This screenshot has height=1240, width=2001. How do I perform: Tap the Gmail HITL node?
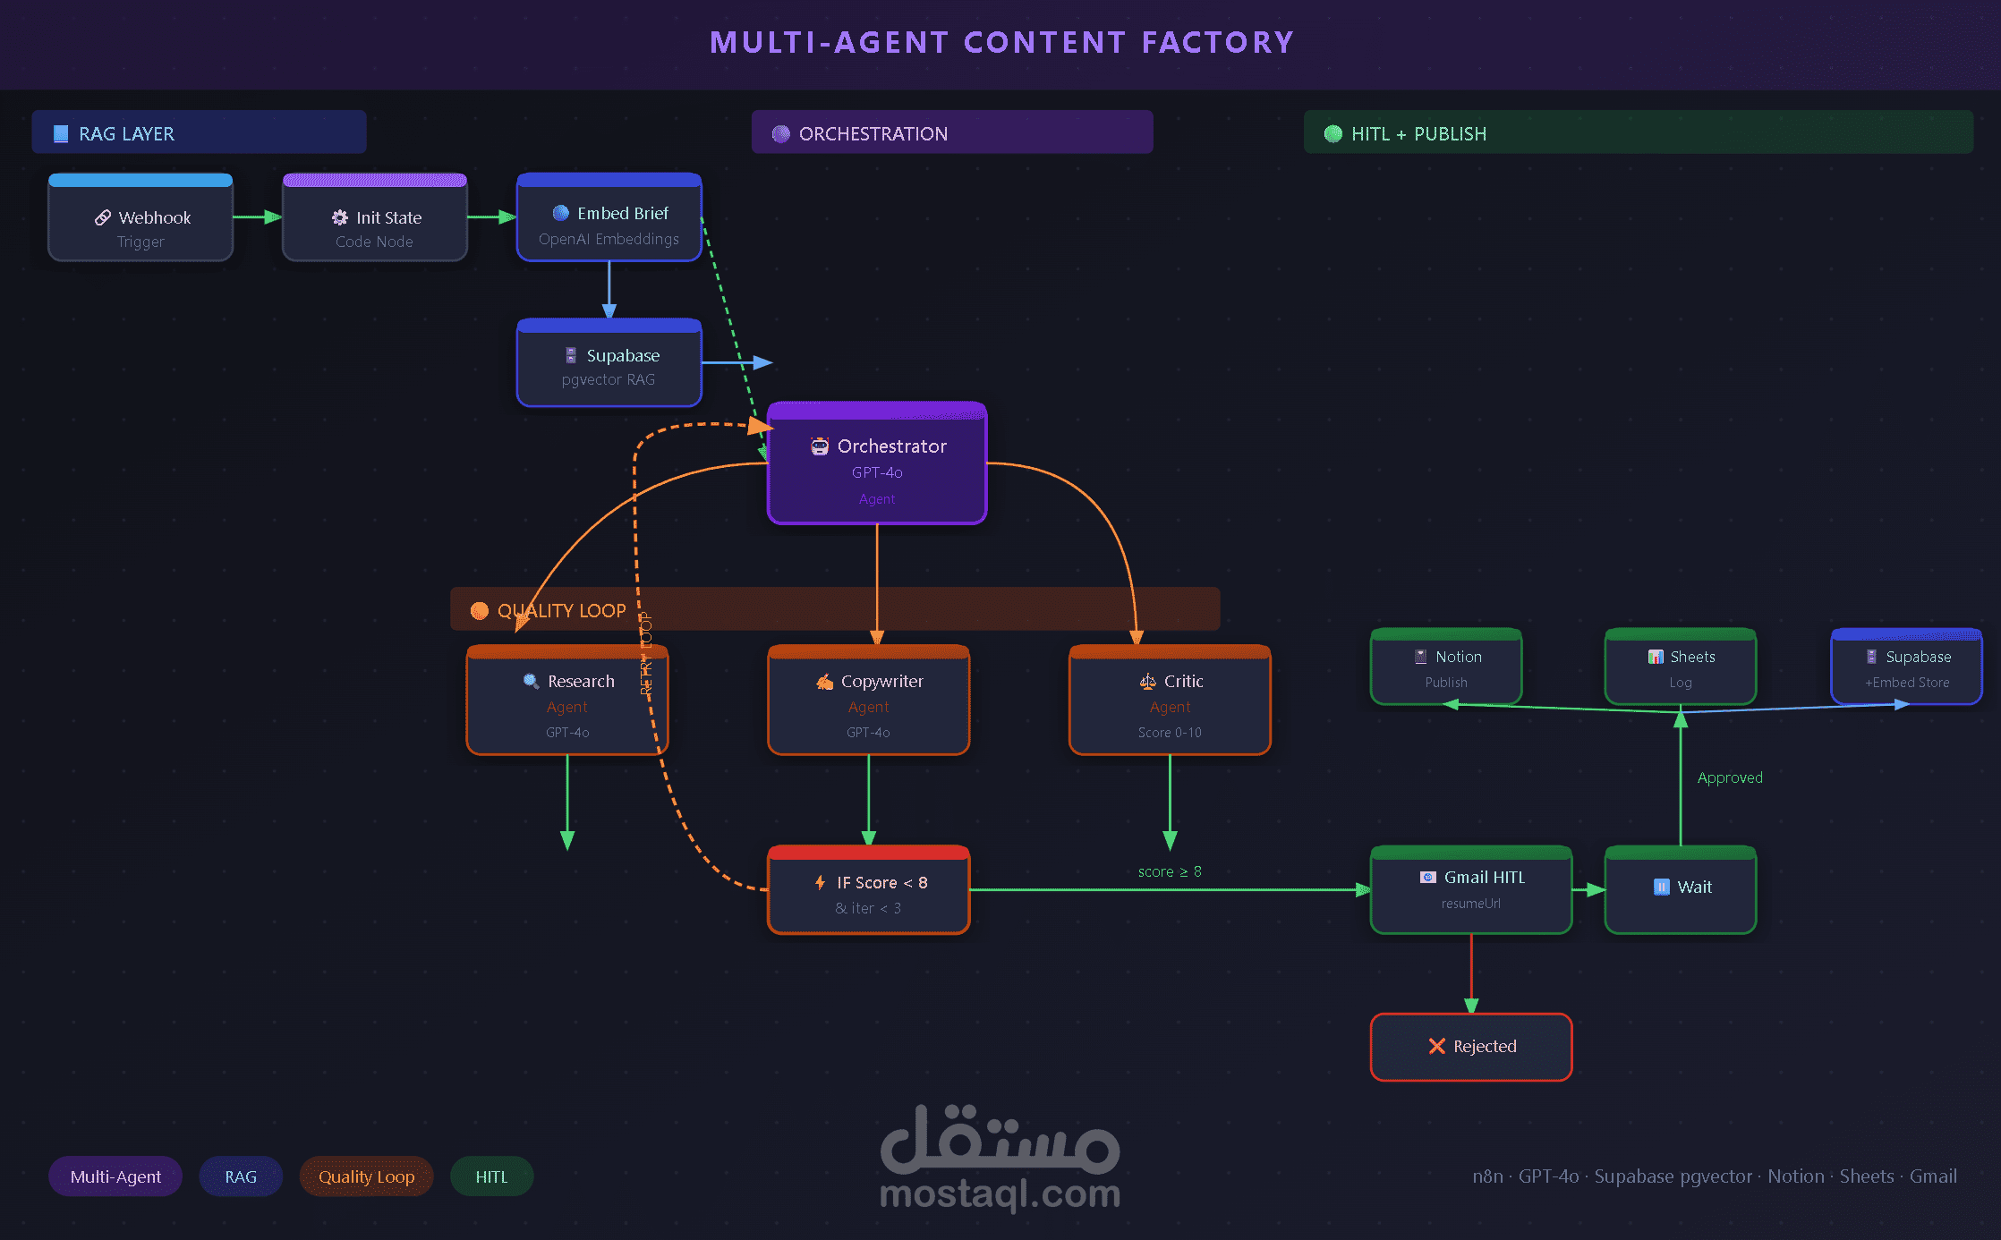click(1471, 890)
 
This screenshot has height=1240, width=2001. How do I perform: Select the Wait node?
click(1681, 890)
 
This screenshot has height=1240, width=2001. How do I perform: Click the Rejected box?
click(1471, 1047)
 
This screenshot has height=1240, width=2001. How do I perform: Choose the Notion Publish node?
click(1446, 667)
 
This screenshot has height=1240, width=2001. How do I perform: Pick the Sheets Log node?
click(1681, 667)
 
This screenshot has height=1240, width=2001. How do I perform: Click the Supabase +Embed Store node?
click(1907, 667)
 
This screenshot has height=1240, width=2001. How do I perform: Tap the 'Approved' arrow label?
click(1730, 778)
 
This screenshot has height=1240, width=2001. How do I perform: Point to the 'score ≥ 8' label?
click(1170, 871)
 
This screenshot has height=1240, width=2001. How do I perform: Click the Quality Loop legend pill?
click(366, 1176)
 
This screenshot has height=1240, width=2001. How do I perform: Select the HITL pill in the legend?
click(491, 1176)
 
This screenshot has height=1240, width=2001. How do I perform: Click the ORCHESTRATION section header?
click(952, 133)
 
